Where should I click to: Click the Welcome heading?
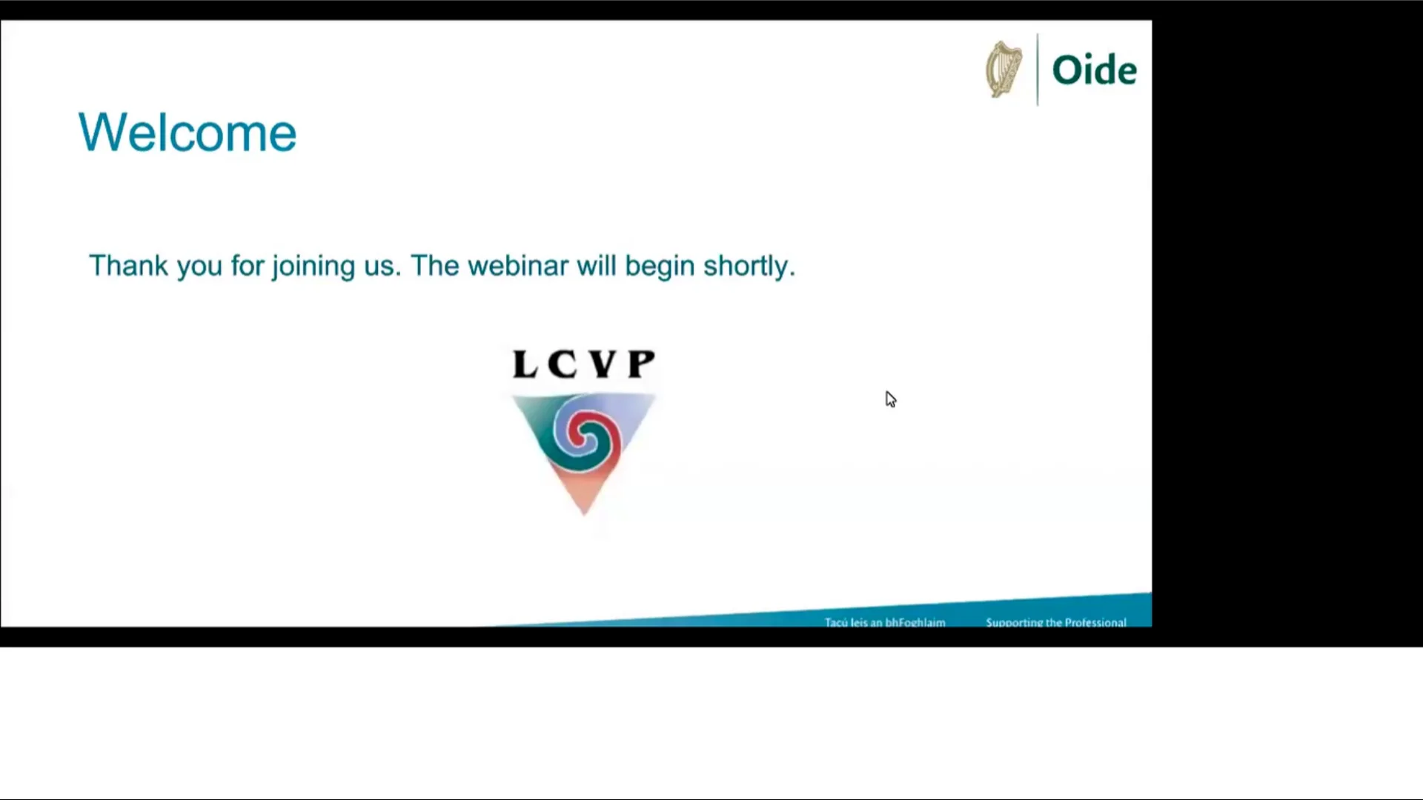pyautogui.click(x=188, y=133)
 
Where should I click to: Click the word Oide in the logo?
pyautogui.click(x=1094, y=70)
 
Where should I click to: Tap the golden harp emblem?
pyautogui.click(x=1004, y=70)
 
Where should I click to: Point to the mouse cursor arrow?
pyautogui.click(x=889, y=399)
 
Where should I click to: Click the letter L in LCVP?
pyautogui.click(x=525, y=364)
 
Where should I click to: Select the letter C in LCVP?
pyautogui.click(x=563, y=364)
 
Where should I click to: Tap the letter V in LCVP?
pyautogui.click(x=603, y=364)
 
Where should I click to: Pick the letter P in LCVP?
pyautogui.click(x=641, y=364)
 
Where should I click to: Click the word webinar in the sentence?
pyautogui.click(x=518, y=266)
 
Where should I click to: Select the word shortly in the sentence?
pyautogui.click(x=749, y=266)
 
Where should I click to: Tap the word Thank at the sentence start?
pyautogui.click(x=128, y=266)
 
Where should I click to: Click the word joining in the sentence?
pyautogui.click(x=314, y=266)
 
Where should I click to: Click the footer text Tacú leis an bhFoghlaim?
pyautogui.click(x=885, y=622)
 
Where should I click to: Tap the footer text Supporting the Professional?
pyautogui.click(x=1055, y=622)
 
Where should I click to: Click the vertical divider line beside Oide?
pyautogui.click(x=1038, y=70)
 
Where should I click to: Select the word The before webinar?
pyautogui.click(x=435, y=266)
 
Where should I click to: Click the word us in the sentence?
pyautogui.click(x=380, y=266)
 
